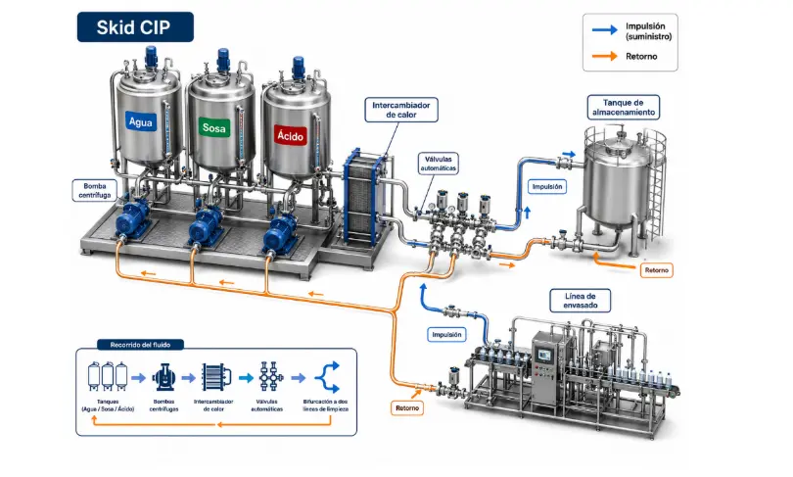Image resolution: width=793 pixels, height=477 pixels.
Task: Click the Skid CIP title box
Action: pos(135,26)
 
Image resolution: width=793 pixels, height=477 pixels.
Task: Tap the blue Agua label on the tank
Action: pos(141,121)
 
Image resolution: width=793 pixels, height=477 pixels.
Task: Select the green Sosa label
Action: pos(214,128)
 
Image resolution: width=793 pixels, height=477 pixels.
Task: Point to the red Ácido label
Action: pos(291,135)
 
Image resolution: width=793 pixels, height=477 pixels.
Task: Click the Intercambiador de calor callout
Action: pos(401,110)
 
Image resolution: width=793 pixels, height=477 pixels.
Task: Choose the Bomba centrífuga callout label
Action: pos(95,190)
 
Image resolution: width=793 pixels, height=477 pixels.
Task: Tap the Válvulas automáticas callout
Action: pos(439,164)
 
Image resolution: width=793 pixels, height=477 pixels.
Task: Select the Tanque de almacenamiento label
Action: pos(623,107)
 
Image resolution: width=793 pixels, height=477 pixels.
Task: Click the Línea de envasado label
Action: pos(581,301)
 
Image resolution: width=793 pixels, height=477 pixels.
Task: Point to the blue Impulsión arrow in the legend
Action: pos(605,29)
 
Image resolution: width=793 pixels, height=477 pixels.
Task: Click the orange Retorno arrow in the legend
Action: pos(605,56)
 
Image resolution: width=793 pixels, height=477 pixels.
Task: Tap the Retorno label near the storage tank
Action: pos(657,270)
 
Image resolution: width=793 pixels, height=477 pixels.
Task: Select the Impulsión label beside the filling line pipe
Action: pos(446,334)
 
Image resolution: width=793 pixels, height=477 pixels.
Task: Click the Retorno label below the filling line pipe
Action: pos(407,407)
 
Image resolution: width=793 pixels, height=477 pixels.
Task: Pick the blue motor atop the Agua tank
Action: pos(151,57)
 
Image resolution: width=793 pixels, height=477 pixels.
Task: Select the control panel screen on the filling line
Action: pos(543,356)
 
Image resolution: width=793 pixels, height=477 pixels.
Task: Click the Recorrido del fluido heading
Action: pos(140,345)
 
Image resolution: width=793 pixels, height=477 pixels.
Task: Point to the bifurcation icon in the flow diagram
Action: pos(327,377)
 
